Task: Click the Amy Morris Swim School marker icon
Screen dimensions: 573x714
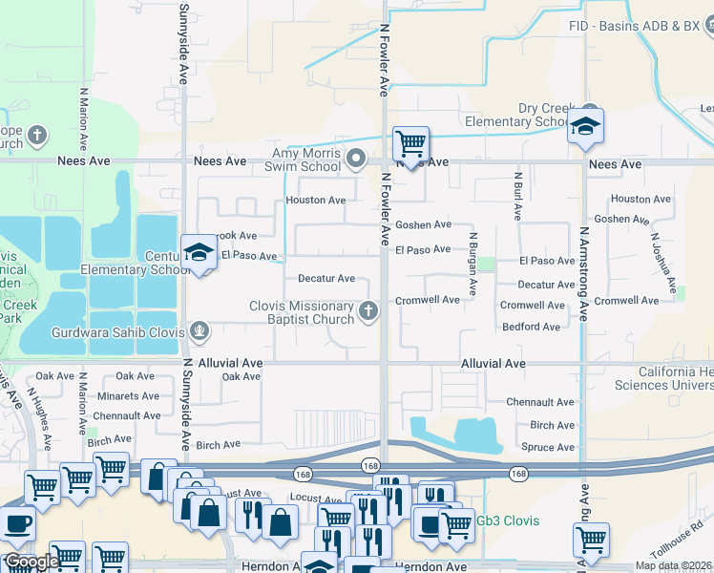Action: click(357, 158)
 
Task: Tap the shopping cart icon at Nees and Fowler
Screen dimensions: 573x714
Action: click(410, 144)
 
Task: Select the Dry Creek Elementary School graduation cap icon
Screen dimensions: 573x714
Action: click(584, 126)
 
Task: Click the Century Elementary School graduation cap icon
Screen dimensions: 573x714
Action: click(199, 252)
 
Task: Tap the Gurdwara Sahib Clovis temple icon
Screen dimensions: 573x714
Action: click(199, 330)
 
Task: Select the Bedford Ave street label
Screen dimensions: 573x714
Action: click(533, 327)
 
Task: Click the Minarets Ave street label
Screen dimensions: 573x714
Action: click(123, 395)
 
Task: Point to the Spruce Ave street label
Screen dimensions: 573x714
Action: click(548, 447)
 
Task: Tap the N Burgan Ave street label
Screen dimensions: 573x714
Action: click(472, 263)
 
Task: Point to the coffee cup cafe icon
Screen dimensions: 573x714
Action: click(16, 525)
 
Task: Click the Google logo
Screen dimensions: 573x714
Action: click(31, 561)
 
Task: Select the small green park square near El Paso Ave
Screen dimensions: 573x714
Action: click(487, 264)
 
